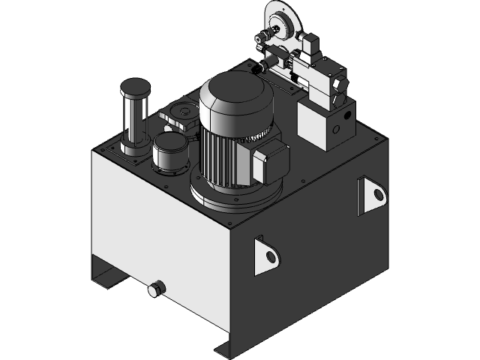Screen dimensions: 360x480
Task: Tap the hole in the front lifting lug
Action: pos(271,258)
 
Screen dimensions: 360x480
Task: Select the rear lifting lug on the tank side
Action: pos(373,193)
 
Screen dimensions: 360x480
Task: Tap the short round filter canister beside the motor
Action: pos(170,154)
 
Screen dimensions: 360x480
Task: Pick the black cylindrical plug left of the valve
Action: pos(262,68)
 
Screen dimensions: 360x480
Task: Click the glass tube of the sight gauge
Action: pos(135,120)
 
